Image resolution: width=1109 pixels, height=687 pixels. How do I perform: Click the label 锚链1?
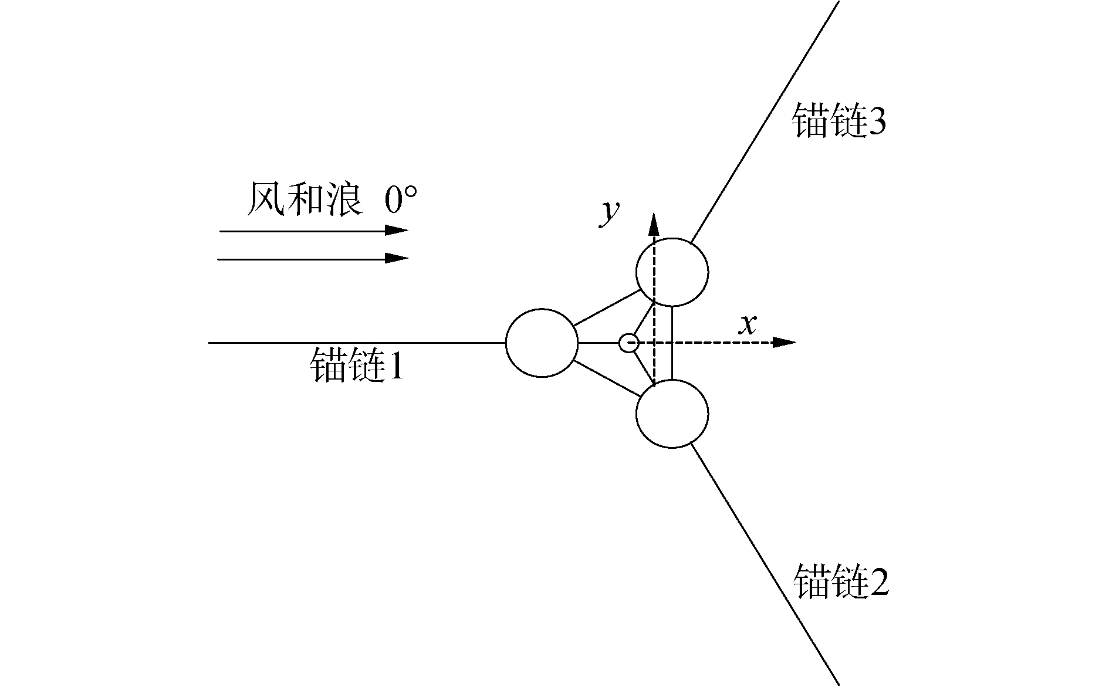(357, 366)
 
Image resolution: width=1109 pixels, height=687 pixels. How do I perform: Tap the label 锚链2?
(840, 581)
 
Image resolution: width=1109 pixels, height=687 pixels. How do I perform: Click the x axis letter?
(747, 324)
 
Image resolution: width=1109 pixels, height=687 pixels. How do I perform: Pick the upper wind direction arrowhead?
(397, 231)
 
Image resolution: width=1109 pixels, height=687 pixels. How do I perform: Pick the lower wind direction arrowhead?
(397, 258)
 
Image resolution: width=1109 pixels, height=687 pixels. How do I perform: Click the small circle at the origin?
(628, 343)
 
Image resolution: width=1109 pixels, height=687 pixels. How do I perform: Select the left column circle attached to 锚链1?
(542, 343)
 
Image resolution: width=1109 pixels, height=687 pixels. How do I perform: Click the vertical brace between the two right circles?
(672, 343)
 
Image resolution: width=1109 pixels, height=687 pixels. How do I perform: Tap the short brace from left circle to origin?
(598, 343)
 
